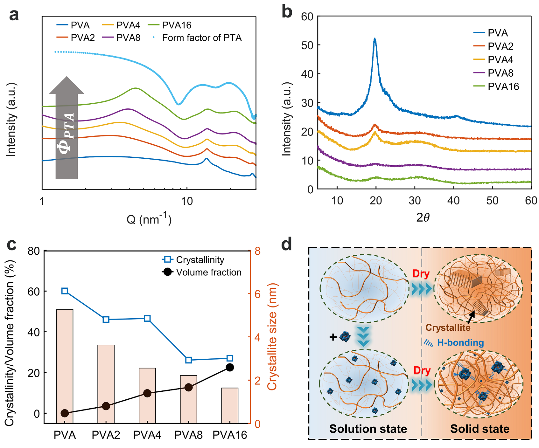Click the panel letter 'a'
click(x=14, y=15)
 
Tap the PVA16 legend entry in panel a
click(x=177, y=25)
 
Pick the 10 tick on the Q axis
click(x=187, y=201)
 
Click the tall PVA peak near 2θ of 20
click(x=375, y=40)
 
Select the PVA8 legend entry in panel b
click(x=500, y=73)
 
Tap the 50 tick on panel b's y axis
click(x=307, y=45)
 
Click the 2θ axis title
click(x=423, y=217)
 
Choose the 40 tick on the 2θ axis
click(x=453, y=201)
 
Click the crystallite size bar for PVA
click(x=65, y=366)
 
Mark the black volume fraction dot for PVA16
click(x=230, y=368)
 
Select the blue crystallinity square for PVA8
click(x=189, y=360)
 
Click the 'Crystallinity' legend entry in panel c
click(x=200, y=260)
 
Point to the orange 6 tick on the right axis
click(x=257, y=294)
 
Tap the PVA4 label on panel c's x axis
click(x=147, y=435)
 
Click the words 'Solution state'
click(x=368, y=429)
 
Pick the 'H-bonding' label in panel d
click(x=460, y=342)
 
